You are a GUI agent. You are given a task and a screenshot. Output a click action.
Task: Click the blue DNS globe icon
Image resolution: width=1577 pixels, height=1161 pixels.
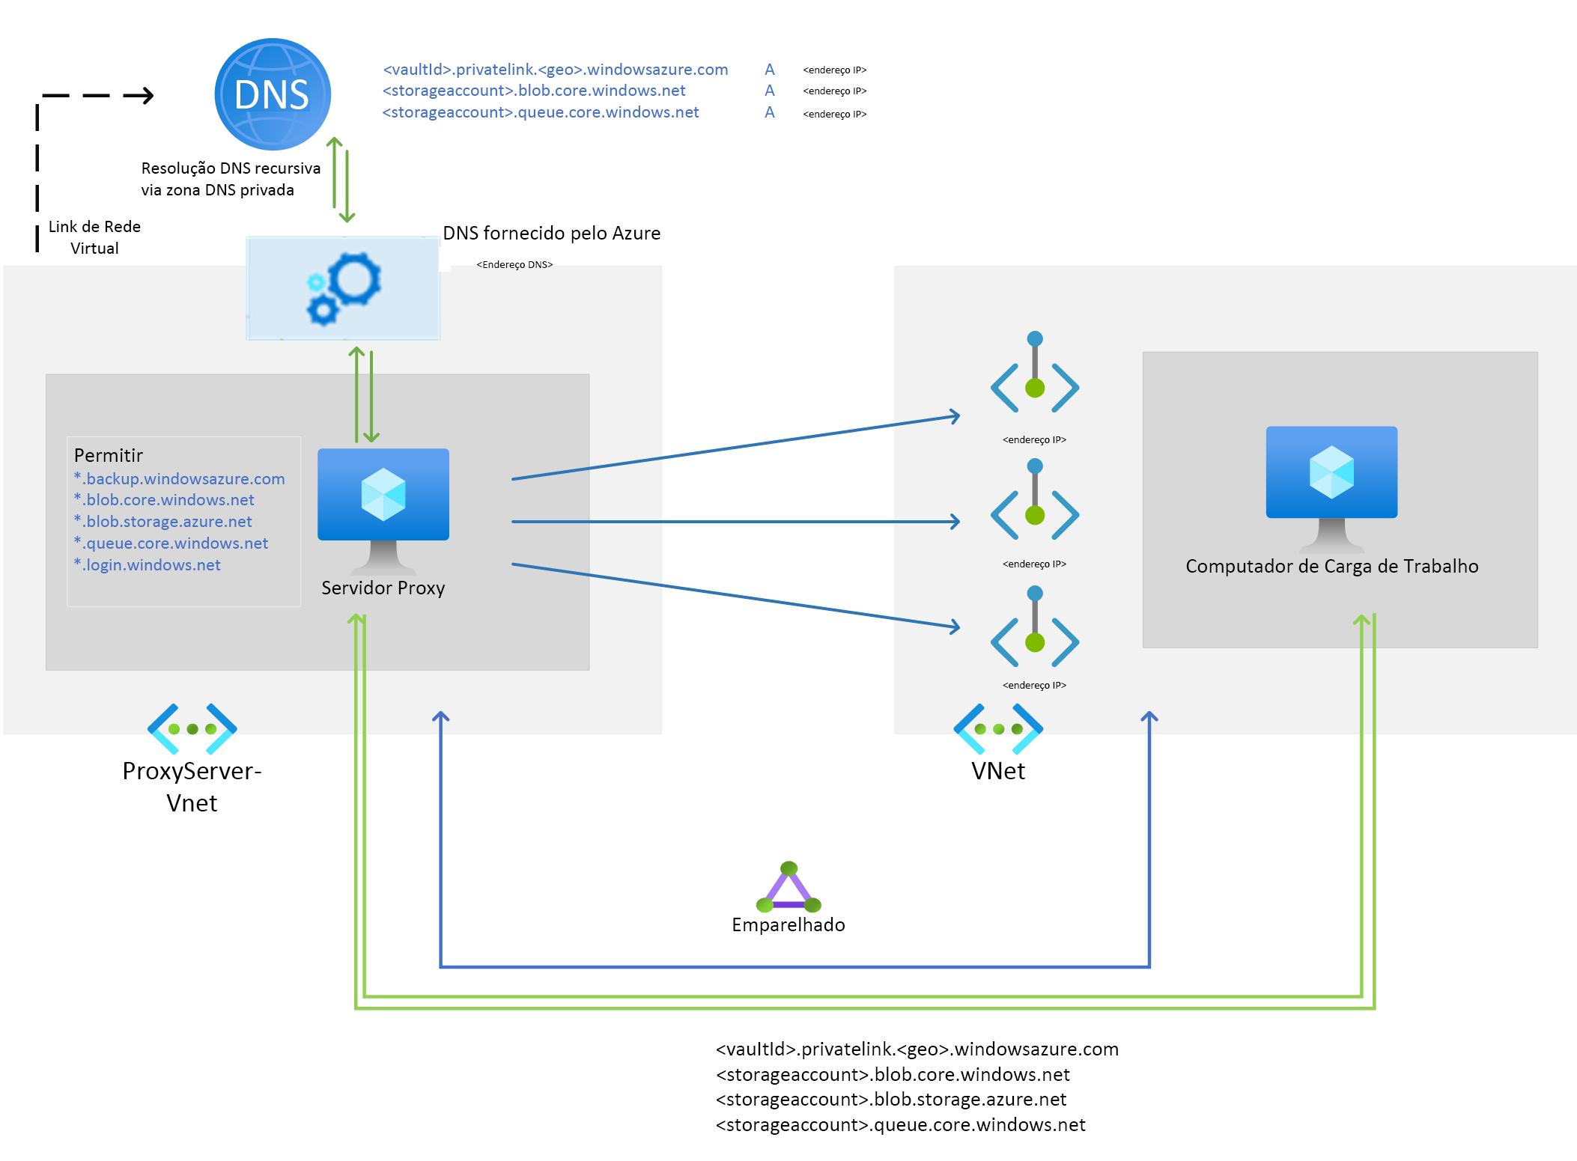(x=273, y=94)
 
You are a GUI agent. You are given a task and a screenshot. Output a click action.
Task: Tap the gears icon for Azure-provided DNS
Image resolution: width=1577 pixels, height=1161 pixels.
(x=344, y=288)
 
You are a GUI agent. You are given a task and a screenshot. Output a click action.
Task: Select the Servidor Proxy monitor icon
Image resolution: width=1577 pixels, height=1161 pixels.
(x=383, y=505)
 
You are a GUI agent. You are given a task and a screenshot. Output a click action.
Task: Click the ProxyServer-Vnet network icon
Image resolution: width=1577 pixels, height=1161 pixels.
(x=192, y=728)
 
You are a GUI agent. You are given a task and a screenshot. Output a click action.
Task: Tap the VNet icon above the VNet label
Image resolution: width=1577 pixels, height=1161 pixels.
(x=998, y=728)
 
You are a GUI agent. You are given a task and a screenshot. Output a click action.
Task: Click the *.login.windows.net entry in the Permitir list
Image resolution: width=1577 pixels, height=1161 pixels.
(x=148, y=565)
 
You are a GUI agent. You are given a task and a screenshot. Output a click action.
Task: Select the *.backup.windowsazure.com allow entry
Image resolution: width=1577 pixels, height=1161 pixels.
(x=180, y=479)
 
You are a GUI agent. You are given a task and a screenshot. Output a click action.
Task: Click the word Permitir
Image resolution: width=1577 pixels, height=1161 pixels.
(x=109, y=455)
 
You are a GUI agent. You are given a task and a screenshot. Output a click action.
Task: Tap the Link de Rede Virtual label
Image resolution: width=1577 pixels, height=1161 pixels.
(x=94, y=237)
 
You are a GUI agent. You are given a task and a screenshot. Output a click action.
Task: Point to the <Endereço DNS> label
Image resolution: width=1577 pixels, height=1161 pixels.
(x=514, y=264)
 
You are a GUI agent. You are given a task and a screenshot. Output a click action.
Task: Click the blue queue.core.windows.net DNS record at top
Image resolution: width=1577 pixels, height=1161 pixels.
(x=541, y=112)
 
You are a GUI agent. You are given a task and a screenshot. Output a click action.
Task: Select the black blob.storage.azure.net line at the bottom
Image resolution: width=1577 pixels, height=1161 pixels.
(x=891, y=1099)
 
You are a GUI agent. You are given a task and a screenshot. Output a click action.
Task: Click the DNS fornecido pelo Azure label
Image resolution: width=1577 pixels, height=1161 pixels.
(x=551, y=233)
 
